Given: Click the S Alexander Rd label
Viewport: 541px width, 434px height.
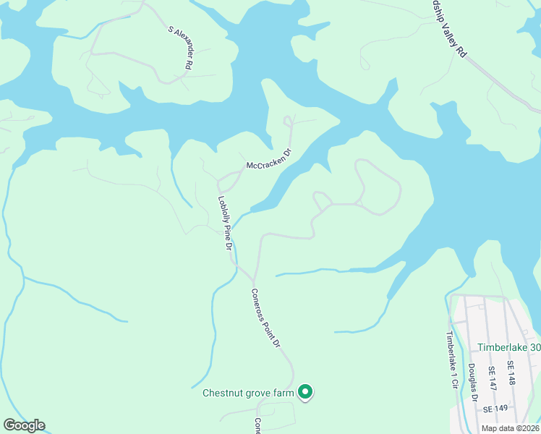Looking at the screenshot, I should (180, 48).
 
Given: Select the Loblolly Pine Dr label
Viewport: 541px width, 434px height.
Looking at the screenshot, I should (225, 224).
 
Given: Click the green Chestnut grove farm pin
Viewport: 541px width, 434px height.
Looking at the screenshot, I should (305, 392).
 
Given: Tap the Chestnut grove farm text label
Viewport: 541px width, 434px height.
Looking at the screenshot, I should (248, 393).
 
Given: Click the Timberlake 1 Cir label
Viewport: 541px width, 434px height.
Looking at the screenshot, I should (451, 359).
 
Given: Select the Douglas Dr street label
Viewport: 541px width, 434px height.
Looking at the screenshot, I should (472, 382).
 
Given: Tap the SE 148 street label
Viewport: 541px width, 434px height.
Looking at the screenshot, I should (511, 373).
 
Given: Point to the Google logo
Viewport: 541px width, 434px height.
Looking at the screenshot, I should (24, 425).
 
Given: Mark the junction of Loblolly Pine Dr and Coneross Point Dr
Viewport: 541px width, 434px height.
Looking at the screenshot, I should (252, 278).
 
